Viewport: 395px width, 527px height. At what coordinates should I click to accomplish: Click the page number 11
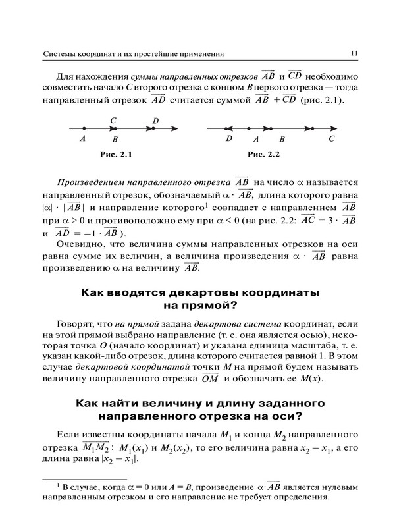point(354,53)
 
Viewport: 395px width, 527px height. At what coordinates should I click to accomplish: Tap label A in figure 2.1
point(82,139)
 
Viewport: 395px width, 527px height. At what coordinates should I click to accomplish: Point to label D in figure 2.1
point(155,121)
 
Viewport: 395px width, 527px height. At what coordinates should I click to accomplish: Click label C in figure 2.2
point(332,139)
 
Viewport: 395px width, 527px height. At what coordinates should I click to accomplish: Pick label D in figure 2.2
point(228,139)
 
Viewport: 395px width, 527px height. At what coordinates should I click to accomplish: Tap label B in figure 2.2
point(282,139)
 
